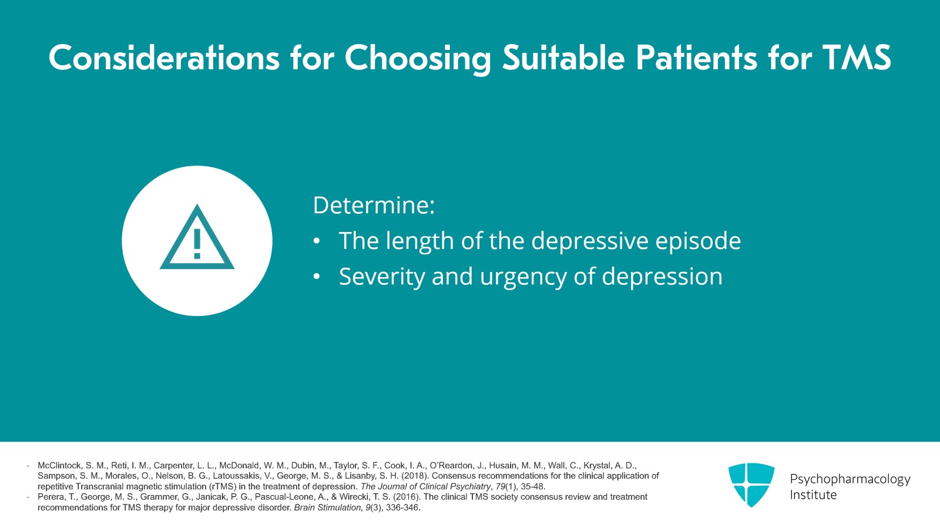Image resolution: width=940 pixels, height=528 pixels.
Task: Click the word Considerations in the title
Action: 164,58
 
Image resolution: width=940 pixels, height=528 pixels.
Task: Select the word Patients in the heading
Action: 696,58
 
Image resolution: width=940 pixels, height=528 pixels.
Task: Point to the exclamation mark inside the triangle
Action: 197,244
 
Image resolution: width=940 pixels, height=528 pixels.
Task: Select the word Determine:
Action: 374,206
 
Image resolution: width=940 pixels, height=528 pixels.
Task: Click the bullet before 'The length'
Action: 317,241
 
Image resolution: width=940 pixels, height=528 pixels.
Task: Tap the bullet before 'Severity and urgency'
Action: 317,277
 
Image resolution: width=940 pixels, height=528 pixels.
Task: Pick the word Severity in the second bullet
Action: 381,277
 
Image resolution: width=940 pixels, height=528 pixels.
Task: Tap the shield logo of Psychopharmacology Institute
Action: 751,485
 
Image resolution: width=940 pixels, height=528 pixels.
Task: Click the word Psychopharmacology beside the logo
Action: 850,479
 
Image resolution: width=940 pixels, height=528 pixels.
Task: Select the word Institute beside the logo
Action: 813,495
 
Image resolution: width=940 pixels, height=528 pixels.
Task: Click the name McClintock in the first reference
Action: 59,465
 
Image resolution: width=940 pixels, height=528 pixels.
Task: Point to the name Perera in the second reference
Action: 51,497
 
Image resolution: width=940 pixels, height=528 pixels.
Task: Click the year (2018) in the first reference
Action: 415,476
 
